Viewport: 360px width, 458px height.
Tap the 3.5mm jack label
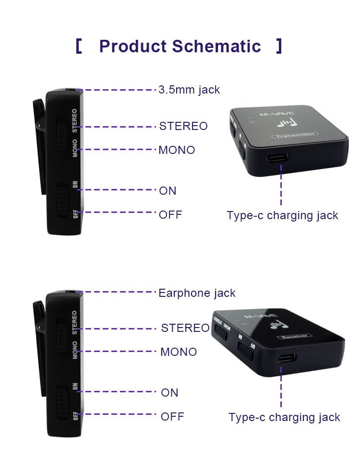point(189,90)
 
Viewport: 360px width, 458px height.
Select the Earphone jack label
point(197,293)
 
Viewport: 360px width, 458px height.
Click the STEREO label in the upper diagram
point(183,127)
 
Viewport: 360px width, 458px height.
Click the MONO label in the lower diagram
point(179,352)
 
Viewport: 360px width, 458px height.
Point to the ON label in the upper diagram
point(168,191)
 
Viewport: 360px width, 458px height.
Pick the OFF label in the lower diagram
point(172,417)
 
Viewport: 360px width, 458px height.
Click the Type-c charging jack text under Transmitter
point(282,216)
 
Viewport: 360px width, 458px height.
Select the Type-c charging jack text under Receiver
point(284,418)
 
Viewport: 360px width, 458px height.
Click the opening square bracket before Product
point(79,47)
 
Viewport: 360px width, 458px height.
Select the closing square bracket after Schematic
point(279,47)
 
